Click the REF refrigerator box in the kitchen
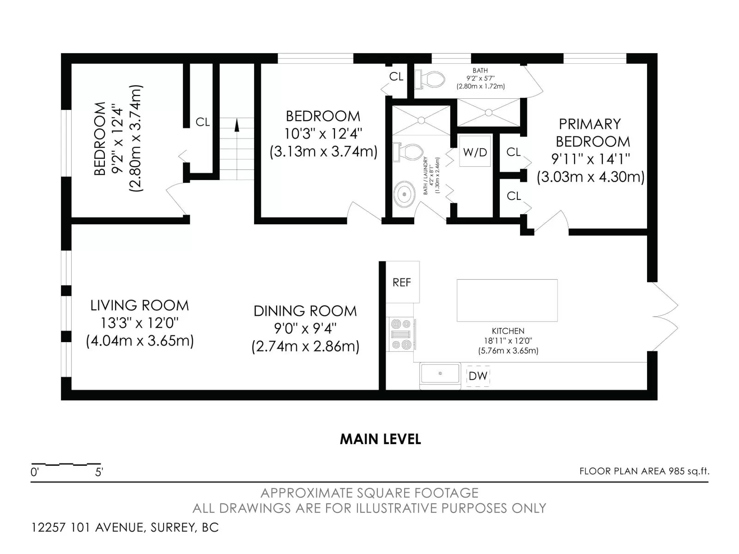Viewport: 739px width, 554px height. [402, 282]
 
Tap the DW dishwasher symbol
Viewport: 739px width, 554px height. [478, 376]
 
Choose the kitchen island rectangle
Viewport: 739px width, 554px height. [507, 301]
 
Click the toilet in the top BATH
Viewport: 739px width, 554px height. [430, 80]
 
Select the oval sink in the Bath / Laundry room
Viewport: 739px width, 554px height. [404, 194]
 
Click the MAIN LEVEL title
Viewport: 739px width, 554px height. [380, 440]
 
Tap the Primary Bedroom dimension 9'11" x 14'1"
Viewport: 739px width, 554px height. [590, 159]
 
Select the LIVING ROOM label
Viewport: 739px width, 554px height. [140, 306]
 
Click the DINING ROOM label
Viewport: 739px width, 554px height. [305, 311]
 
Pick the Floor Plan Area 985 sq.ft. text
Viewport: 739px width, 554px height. [644, 471]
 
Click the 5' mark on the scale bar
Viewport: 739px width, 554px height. [99, 473]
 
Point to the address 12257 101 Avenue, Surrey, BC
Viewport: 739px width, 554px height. [125, 527]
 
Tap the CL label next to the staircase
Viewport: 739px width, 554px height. [203, 122]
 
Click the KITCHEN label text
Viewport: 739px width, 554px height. [508, 331]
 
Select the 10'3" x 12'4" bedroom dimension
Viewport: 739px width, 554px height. [323, 134]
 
